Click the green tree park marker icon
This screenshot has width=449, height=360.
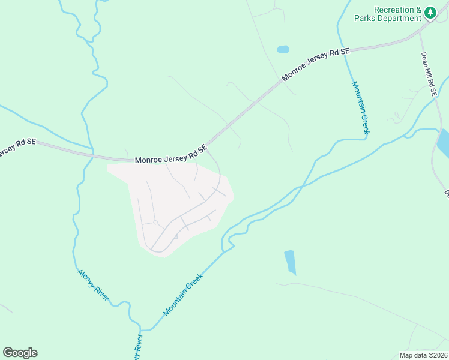tap(430, 12)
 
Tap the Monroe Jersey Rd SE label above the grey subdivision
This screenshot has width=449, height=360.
tap(170, 154)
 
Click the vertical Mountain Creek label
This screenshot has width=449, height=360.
tap(360, 107)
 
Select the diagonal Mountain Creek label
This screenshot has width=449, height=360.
tap(184, 295)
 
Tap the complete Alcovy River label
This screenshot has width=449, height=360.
tap(93, 286)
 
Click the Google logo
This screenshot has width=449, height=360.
tap(20, 352)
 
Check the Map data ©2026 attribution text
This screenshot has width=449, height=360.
tap(423, 355)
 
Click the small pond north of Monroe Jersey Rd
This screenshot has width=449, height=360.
tap(283, 49)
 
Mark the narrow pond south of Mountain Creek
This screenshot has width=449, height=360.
tap(291, 262)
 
